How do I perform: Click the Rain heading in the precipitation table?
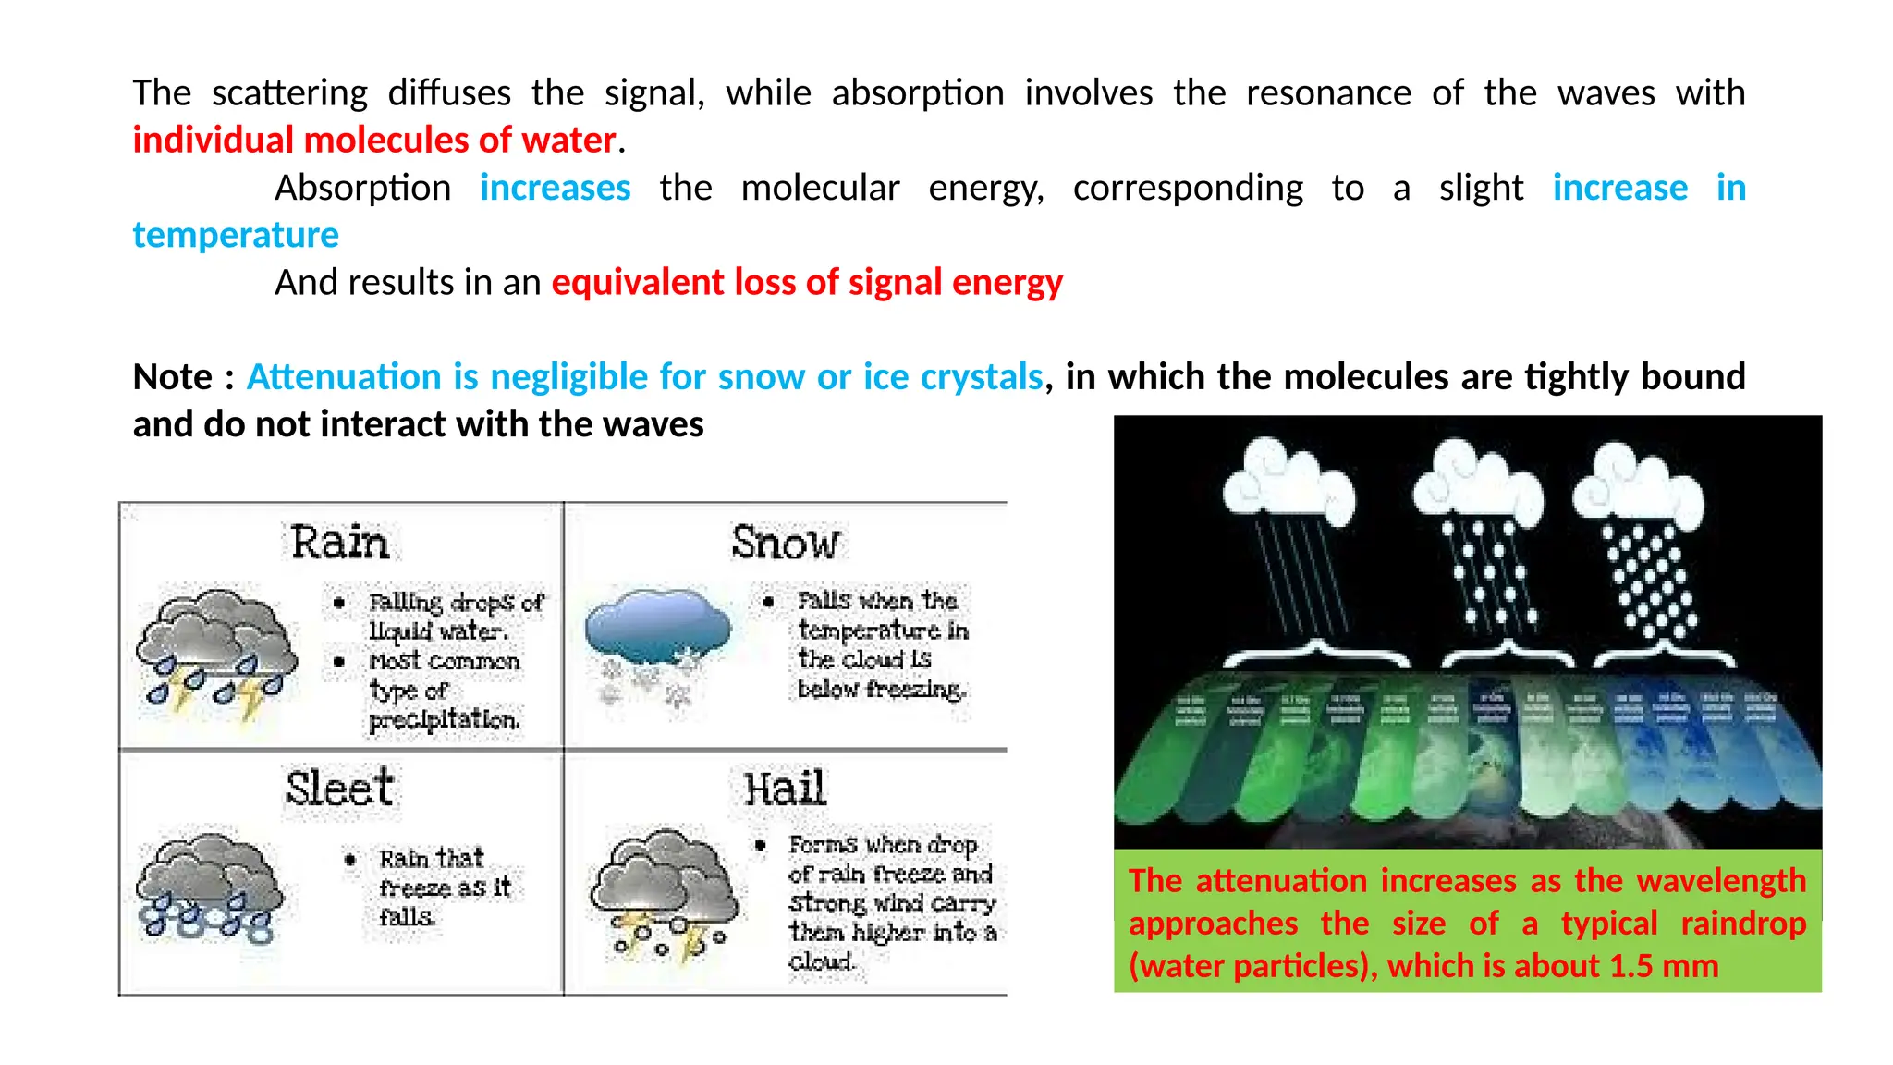click(339, 542)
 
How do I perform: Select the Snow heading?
click(786, 543)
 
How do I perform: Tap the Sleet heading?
click(339, 789)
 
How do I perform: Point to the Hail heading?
click(785, 789)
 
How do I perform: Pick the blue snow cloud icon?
click(657, 637)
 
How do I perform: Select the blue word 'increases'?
click(555, 188)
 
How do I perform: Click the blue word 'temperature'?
click(236, 235)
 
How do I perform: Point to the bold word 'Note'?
click(172, 377)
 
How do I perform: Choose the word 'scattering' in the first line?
click(289, 93)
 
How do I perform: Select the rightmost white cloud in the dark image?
click(1637, 484)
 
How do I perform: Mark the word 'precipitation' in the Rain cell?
click(445, 719)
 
